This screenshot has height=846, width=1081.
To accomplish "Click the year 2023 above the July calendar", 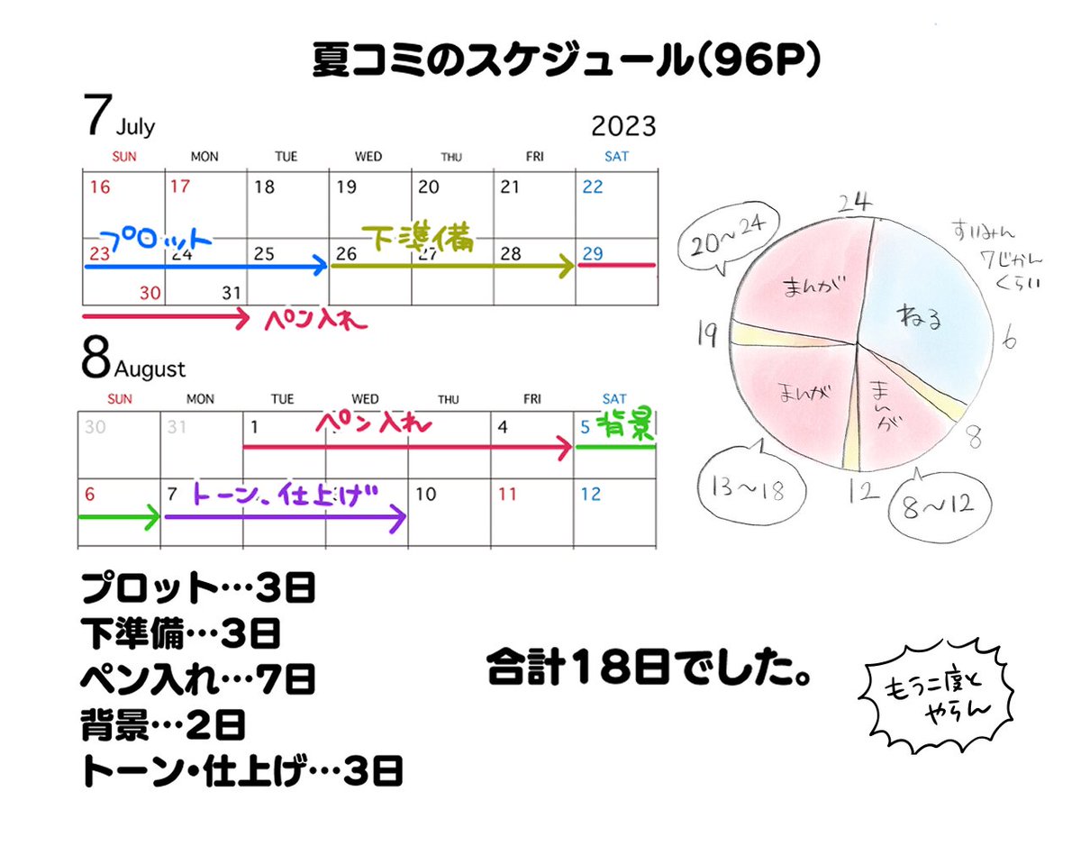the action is coord(622,126).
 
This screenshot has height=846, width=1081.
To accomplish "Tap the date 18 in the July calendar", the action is coord(264,187).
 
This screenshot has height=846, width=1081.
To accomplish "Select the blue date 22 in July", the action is coord(592,187).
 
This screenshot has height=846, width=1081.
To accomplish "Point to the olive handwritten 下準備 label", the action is coord(416,237).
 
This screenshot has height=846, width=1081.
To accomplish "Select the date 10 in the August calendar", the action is coord(427,494).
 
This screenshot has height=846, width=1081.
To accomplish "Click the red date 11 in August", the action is coord(508,494).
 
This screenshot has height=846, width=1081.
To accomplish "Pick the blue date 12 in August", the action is coord(591,494).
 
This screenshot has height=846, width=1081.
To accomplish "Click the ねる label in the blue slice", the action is coord(918,317).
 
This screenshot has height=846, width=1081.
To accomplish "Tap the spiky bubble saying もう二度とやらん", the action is coord(937,699).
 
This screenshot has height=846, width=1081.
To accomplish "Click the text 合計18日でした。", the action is coord(649,671).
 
